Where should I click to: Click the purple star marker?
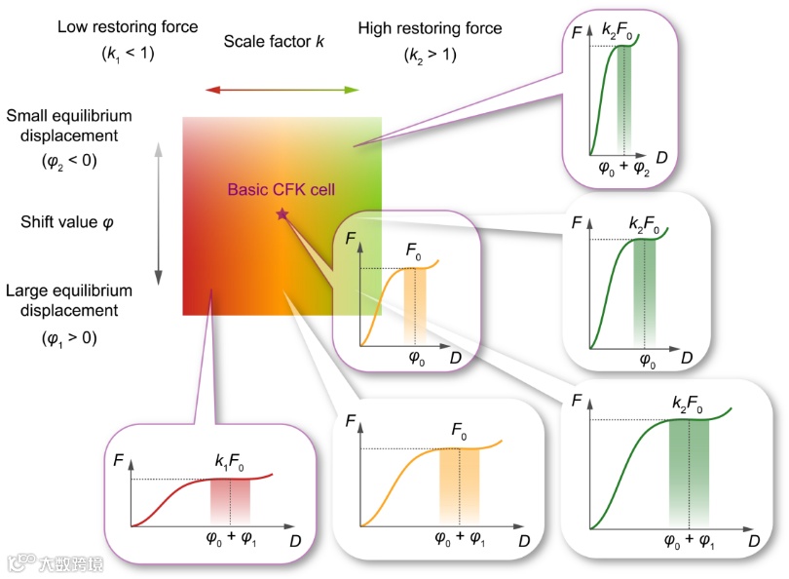click(x=282, y=213)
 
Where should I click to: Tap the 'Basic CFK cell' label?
click(x=282, y=190)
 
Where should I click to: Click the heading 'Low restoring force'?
click(x=128, y=27)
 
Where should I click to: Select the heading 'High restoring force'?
click(x=430, y=28)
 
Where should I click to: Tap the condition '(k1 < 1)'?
click(x=128, y=55)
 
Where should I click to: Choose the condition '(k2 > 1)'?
click(x=430, y=56)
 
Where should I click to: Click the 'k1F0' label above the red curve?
click(x=231, y=457)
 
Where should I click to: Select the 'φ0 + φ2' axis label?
click(x=623, y=167)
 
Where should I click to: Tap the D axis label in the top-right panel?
click(x=661, y=157)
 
